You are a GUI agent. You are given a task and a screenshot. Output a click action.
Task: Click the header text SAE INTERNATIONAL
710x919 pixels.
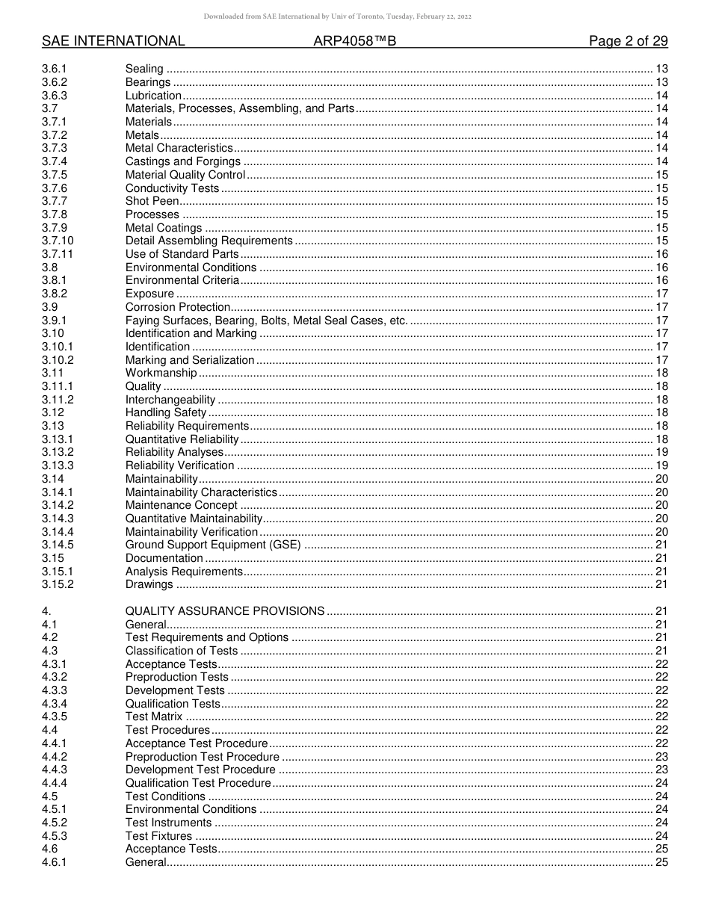pyautogui.click(x=113, y=41)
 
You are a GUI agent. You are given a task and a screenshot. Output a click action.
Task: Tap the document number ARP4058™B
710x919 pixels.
pyautogui.click(x=354, y=41)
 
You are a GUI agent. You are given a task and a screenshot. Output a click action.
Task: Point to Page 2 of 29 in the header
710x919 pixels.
pyautogui.click(x=628, y=41)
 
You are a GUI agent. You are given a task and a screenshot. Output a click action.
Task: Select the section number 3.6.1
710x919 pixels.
pyautogui.click(x=55, y=69)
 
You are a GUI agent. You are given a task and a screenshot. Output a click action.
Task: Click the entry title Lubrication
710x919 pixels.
pyautogui.click(x=153, y=96)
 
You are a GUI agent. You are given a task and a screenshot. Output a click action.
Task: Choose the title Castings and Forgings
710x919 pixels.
pyautogui.click(x=183, y=161)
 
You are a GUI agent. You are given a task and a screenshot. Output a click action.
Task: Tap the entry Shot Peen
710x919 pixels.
pyautogui.click(x=152, y=201)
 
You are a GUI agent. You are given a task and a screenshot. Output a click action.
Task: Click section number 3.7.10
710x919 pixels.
pyautogui.click(x=58, y=241)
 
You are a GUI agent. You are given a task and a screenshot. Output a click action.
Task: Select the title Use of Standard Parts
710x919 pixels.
pyautogui.click(x=182, y=254)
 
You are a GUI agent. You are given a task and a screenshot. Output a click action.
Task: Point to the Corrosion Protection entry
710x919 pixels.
pyautogui.click(x=178, y=307)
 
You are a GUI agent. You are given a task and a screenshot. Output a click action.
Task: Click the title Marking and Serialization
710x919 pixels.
pyautogui.click(x=190, y=360)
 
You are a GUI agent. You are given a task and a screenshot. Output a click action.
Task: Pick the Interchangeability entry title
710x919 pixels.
pyautogui.click(x=170, y=400)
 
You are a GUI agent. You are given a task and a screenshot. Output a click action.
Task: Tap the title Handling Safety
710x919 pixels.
pyautogui.click(x=166, y=412)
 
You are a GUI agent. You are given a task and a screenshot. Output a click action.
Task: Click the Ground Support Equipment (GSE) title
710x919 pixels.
pyautogui.click(x=213, y=545)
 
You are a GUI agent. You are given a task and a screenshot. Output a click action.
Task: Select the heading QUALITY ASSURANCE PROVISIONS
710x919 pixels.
pyautogui.click(x=225, y=611)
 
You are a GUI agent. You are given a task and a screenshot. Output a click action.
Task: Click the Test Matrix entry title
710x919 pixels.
pyautogui.click(x=154, y=717)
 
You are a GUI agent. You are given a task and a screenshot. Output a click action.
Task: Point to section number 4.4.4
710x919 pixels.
pyautogui.click(x=55, y=783)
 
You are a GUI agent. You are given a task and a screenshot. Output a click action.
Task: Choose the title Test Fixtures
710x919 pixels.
pyautogui.click(x=158, y=836)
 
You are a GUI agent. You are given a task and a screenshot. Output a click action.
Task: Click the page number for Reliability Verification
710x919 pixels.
pyautogui.click(x=661, y=465)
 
